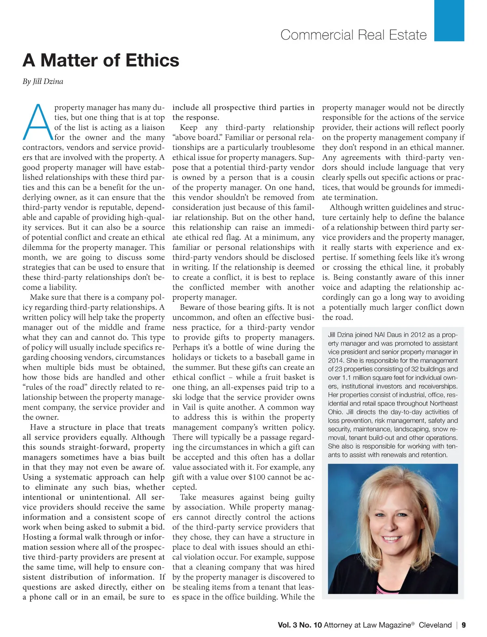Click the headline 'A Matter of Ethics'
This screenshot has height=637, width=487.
point(101,60)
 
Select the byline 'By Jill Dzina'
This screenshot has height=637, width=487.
point(43,81)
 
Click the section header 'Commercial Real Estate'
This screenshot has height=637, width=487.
point(353,35)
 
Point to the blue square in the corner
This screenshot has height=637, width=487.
point(449,20)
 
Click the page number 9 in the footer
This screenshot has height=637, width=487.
point(463,625)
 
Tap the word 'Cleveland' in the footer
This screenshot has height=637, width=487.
point(435,625)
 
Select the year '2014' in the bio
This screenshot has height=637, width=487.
point(337,361)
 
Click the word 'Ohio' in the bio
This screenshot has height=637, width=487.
point(335,412)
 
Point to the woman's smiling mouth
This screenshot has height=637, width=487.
point(392,539)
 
